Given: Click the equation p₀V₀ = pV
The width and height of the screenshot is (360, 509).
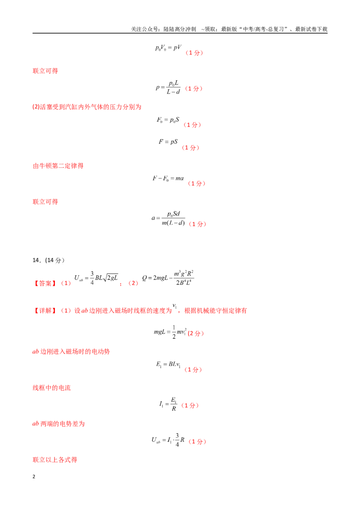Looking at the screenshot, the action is coord(168,48).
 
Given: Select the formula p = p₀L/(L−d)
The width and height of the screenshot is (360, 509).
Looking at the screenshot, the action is coord(168,87).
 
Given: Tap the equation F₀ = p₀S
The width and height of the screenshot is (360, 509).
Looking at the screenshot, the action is coord(168,120).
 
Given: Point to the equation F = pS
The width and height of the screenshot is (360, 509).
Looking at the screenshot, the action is coord(168,142).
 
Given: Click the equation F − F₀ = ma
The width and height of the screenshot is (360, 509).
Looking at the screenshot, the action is coord(168,178).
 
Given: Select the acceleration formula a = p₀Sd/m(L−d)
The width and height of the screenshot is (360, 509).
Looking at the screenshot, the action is coord(168,218).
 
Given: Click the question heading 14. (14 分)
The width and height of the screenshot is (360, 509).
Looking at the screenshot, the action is coord(49,260).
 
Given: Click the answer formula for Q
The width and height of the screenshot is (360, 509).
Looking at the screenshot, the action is coord(168,278).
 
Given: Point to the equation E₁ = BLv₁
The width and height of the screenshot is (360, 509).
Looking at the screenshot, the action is coord(168,365).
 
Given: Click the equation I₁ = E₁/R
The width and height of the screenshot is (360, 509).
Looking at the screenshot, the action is coord(168,404).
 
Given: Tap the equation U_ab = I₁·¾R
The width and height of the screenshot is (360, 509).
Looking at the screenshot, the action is coord(168,440).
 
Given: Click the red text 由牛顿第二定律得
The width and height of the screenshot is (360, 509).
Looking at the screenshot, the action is coord(58,166).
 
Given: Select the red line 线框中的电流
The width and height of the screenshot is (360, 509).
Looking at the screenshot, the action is coord(52,388).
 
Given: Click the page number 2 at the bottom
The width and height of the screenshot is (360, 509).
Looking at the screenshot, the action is coord(34,477).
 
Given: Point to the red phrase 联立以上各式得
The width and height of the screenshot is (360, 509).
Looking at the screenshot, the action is coord(55,460).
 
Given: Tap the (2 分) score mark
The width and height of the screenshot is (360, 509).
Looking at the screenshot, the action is coord(196,333).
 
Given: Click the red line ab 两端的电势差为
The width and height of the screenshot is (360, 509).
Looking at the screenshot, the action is coord(58,424).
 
